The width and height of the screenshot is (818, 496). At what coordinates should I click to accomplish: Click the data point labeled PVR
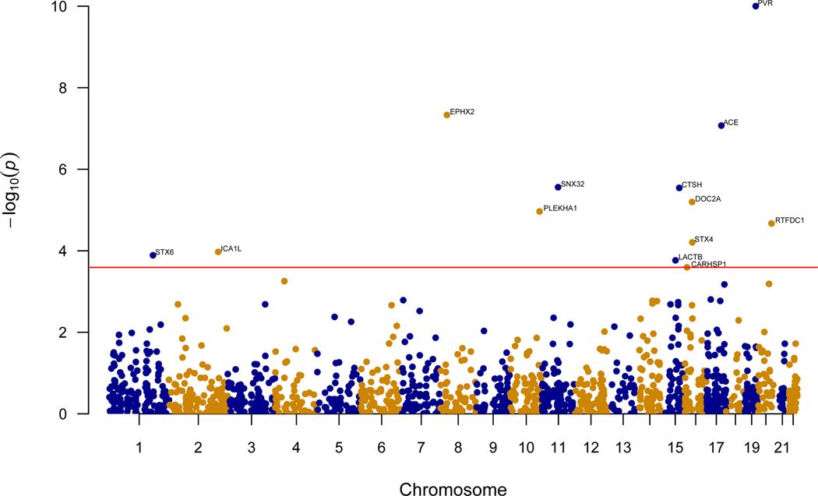[755, 5]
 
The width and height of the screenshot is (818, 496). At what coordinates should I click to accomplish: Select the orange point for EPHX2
[446, 114]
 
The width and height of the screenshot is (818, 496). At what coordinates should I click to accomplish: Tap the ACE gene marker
[721, 125]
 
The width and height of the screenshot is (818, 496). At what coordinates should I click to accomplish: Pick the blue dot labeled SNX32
[558, 187]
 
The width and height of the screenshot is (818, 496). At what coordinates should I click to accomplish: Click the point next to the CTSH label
[679, 188]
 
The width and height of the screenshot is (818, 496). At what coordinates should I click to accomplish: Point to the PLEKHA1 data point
[539, 211]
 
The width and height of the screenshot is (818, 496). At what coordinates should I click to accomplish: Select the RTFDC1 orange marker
[771, 223]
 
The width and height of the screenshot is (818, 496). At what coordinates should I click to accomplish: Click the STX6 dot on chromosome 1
[153, 255]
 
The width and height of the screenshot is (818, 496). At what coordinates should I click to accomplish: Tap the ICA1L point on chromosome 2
[218, 252]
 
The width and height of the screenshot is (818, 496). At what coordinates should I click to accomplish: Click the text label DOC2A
[707, 199]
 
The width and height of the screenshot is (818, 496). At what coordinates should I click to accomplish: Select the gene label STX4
[703, 239]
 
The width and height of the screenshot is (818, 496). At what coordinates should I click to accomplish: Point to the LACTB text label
[690, 256]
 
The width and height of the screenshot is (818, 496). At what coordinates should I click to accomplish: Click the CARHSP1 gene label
[708, 265]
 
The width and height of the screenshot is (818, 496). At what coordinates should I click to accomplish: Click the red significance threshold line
[390, 267]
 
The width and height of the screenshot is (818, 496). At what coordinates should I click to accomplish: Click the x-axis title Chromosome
[453, 489]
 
